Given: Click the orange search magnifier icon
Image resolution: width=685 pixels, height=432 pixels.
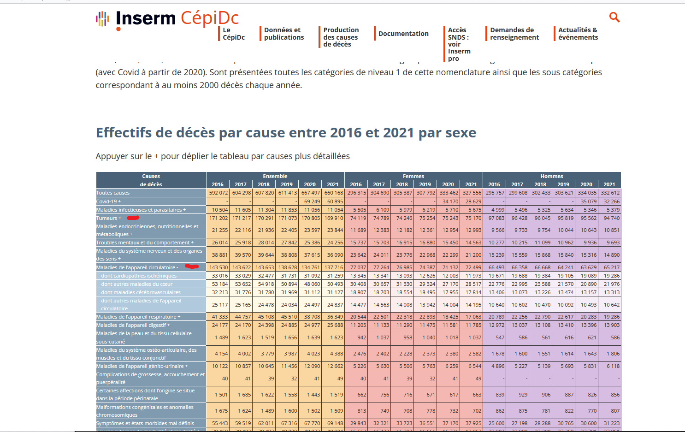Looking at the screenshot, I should pyautogui.click(x=614, y=17).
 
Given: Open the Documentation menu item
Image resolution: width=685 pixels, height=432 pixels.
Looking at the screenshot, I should pyautogui.click(x=403, y=34).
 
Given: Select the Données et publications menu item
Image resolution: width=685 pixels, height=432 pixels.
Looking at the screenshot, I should pyautogui.click(x=283, y=34).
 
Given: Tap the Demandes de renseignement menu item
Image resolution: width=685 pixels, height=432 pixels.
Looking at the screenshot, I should pyautogui.click(x=514, y=34).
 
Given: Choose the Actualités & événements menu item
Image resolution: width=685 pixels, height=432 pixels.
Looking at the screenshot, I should pyautogui.click(x=578, y=34).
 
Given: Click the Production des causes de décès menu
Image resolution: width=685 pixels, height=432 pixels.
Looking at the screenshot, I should pyautogui.click(x=341, y=37).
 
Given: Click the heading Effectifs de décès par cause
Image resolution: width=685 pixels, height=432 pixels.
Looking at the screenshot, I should pyautogui.click(x=286, y=133).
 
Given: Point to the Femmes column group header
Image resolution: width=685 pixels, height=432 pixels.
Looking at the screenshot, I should pyautogui.click(x=413, y=176).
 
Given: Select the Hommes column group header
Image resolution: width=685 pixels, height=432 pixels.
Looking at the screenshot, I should pyautogui.click(x=551, y=176).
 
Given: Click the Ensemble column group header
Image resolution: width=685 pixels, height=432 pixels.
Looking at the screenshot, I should pyautogui.click(x=275, y=176).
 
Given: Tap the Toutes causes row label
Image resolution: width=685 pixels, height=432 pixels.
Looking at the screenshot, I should pyautogui.click(x=113, y=193).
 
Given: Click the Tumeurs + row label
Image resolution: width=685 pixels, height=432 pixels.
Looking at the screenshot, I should pyautogui.click(x=109, y=218).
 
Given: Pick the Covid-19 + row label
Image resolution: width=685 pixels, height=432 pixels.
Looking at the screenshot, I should pyautogui.click(x=108, y=201).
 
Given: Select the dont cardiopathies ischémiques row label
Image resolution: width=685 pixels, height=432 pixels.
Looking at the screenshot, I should pyautogui.click(x=139, y=276).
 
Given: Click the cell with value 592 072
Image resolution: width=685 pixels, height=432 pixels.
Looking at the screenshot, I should pyautogui.click(x=218, y=193).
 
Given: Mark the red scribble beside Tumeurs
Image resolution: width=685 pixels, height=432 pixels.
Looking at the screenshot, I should pyautogui.click(x=133, y=218).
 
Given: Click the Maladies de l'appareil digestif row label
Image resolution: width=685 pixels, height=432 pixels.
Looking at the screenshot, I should pyautogui.click(x=133, y=325).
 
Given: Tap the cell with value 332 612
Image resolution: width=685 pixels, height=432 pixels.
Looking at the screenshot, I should pyautogui.click(x=610, y=193).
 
